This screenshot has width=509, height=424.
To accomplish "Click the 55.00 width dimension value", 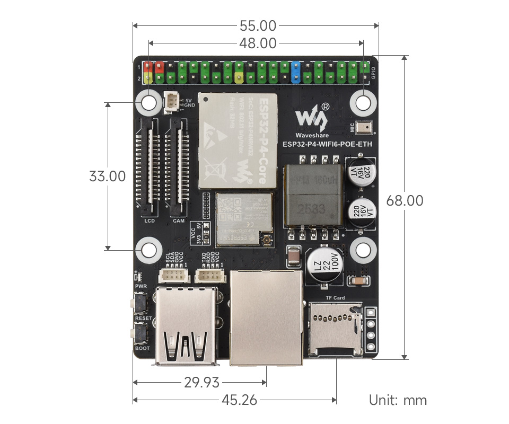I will point(258,25).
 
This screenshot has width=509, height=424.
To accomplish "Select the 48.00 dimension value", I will point(258,43).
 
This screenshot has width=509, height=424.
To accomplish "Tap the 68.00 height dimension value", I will point(405,201).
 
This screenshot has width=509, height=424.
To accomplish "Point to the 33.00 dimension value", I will point(108,176).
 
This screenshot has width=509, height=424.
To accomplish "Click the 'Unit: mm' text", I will point(398,400).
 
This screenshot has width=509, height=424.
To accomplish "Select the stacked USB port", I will point(187,326).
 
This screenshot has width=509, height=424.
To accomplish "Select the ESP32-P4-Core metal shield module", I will point(238,141).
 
